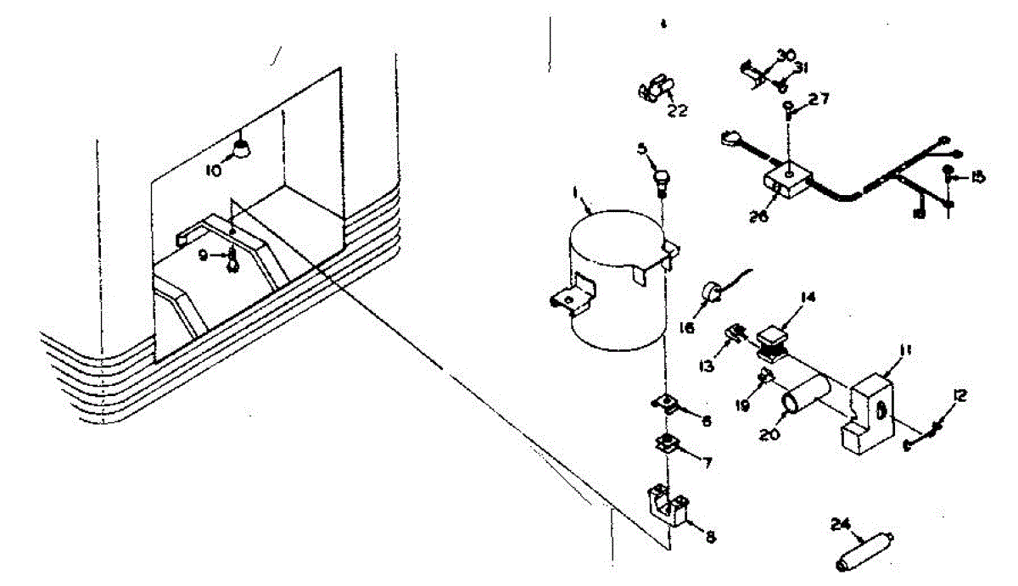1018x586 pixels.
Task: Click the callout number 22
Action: (677, 109)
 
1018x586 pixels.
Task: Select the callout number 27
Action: (818, 100)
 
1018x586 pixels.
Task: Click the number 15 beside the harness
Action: (977, 176)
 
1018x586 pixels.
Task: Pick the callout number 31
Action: (801, 69)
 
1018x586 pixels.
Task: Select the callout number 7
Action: (706, 463)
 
